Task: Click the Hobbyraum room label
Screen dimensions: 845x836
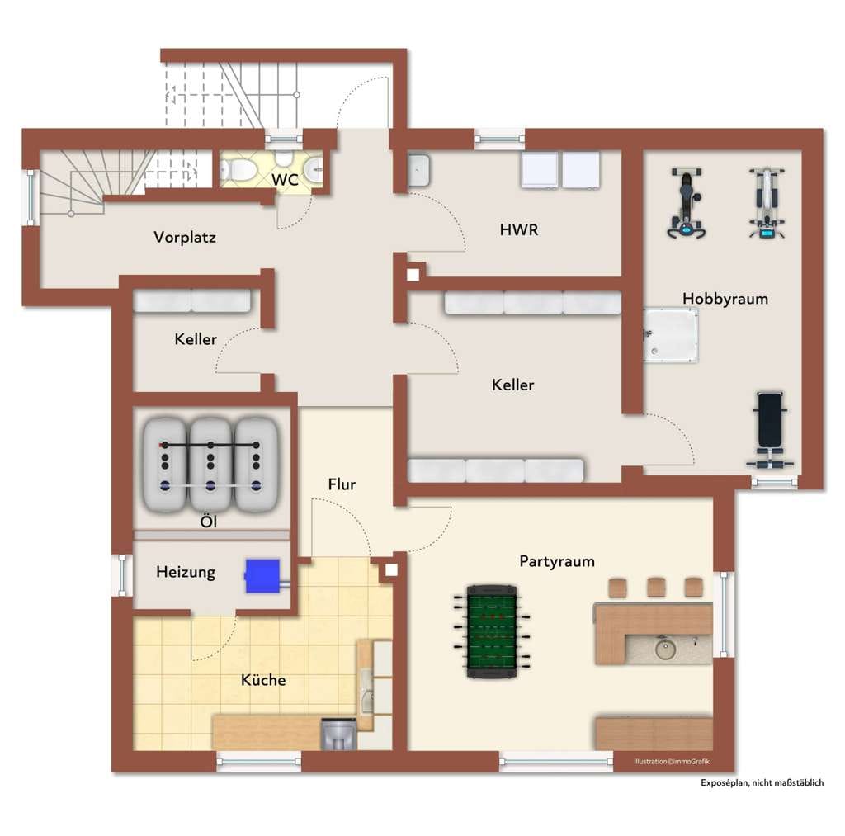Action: [725, 299]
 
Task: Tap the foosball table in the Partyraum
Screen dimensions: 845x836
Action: [492, 631]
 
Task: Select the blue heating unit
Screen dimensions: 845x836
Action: [263, 576]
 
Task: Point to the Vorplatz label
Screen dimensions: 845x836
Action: [185, 237]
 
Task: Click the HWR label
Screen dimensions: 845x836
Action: [518, 230]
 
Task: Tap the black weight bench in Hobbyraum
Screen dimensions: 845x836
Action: [770, 430]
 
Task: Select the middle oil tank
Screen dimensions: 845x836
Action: [210, 465]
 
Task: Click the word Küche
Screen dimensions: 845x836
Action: [263, 680]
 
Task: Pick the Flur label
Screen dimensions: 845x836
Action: [342, 484]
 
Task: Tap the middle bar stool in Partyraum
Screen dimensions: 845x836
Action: [656, 588]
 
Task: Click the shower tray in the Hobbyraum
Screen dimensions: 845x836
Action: [670, 335]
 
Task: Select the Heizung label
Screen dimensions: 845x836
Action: [186, 572]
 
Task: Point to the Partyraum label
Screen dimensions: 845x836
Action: [557, 562]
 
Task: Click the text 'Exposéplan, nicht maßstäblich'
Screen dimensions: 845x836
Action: [762, 782]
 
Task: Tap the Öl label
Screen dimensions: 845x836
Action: [208, 522]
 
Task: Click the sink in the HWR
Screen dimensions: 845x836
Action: [418, 170]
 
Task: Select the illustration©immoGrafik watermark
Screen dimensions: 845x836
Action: [672, 762]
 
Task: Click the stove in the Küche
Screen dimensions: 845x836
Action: [338, 734]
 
